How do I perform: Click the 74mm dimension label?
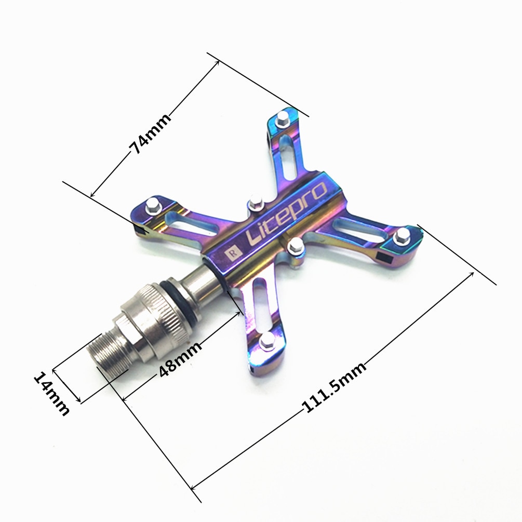point(150,133)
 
